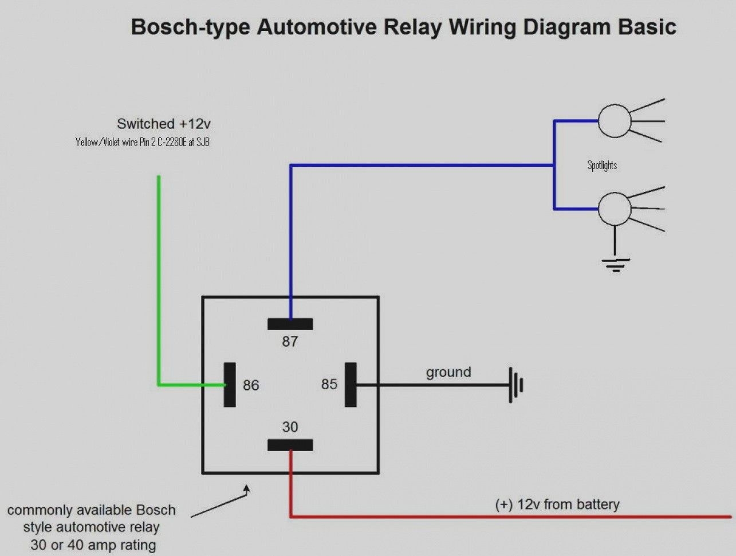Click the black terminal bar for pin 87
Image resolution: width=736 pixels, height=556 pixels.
(290, 324)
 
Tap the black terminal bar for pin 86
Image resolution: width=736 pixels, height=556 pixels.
(230, 385)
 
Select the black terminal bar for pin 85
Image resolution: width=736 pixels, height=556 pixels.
(351, 385)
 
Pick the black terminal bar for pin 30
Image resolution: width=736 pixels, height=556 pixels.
(290, 445)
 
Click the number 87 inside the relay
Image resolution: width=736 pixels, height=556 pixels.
(290, 342)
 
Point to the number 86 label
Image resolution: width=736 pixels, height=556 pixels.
(251, 385)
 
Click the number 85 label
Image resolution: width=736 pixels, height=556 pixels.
(329, 384)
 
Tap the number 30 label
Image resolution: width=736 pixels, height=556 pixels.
(290, 427)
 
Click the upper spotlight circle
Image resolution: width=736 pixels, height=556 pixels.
(614, 121)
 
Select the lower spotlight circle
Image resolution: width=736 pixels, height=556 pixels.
(614, 209)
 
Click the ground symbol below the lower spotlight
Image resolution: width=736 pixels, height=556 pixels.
(615, 264)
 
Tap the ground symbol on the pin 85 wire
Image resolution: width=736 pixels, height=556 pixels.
(516, 385)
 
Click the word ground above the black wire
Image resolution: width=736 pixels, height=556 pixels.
(448, 372)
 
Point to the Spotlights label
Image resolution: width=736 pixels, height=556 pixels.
(602, 165)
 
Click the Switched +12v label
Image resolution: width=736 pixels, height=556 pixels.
(164, 124)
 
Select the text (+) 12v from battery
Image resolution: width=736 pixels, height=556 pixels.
(557, 504)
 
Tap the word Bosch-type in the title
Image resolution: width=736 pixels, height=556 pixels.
(190, 27)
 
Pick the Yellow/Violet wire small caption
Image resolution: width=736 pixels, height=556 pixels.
(142, 142)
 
